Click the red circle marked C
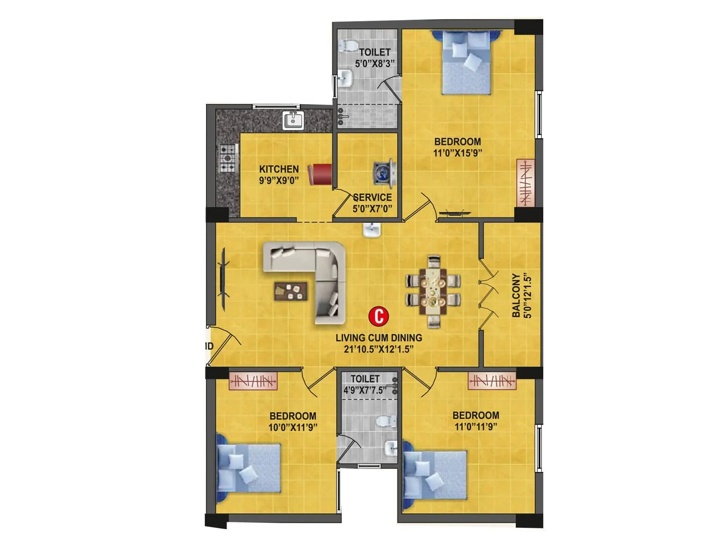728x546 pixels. point(379,316)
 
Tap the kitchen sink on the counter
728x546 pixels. point(293,121)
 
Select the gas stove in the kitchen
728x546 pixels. point(228,158)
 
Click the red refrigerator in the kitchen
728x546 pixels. point(320,175)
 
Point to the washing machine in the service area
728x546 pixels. point(383,173)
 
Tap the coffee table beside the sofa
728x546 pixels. point(290,291)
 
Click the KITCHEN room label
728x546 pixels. point(279,169)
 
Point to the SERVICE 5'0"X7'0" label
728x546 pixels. point(372,203)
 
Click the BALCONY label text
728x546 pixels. point(516,295)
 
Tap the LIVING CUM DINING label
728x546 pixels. point(379,338)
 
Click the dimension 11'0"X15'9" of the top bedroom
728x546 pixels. point(457,153)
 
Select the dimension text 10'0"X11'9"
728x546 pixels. point(293,427)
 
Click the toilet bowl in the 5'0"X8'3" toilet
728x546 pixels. point(349,46)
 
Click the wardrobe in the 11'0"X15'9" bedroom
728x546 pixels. point(525,182)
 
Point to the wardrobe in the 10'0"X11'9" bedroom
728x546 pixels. point(253,381)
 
